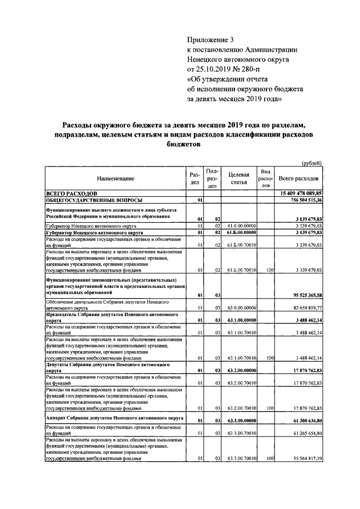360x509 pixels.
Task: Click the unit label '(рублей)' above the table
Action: tap(311, 163)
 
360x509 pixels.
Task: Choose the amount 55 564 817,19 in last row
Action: tap(301, 459)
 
